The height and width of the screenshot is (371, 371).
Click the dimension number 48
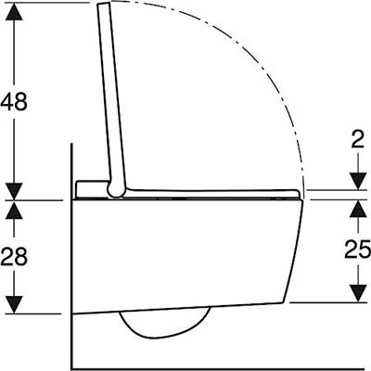[14, 101]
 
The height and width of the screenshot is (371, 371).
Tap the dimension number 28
[14, 256]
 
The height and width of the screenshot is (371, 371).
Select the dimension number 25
[358, 249]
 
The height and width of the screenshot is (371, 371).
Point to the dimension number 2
[358, 141]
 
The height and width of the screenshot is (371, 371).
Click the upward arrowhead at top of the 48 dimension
[14, 11]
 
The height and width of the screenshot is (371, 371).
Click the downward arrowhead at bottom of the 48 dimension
[14, 191]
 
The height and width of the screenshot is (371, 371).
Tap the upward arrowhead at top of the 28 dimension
[14, 210]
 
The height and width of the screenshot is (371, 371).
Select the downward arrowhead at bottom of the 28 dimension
[14, 305]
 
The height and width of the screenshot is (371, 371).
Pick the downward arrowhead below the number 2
[358, 182]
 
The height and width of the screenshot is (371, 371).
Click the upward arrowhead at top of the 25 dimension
[358, 209]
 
